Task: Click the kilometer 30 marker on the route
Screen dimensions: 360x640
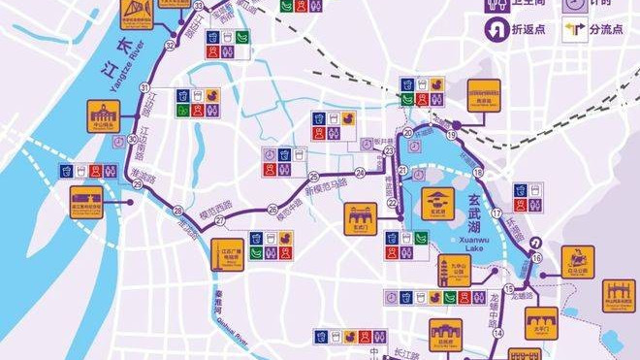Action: coord(132,141)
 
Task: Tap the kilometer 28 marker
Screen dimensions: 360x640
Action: coord(177,211)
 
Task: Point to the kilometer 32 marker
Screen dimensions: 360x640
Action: coord(171,45)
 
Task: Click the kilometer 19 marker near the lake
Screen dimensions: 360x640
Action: coord(452,135)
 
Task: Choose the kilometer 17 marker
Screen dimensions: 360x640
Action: coord(496,213)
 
